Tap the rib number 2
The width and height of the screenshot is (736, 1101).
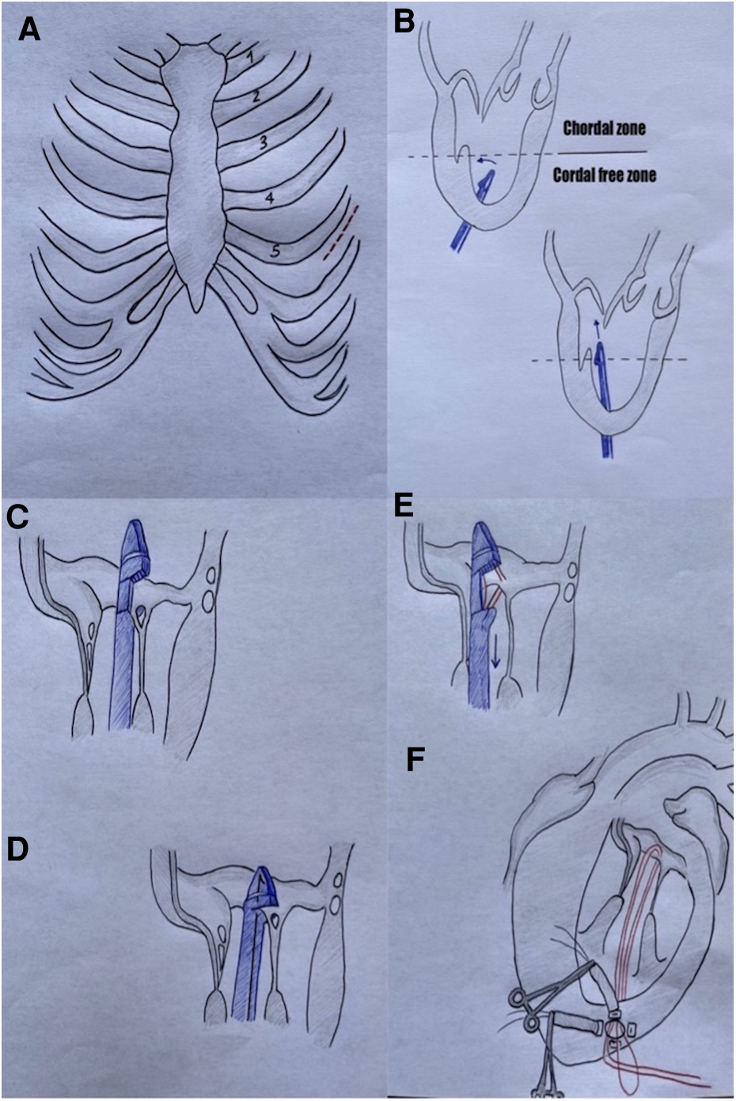(x=256, y=97)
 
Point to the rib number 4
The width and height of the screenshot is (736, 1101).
(x=269, y=199)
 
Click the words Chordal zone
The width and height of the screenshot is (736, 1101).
(x=601, y=127)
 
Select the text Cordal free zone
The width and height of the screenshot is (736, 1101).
(x=604, y=175)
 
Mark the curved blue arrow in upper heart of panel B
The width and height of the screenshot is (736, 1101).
(x=484, y=161)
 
